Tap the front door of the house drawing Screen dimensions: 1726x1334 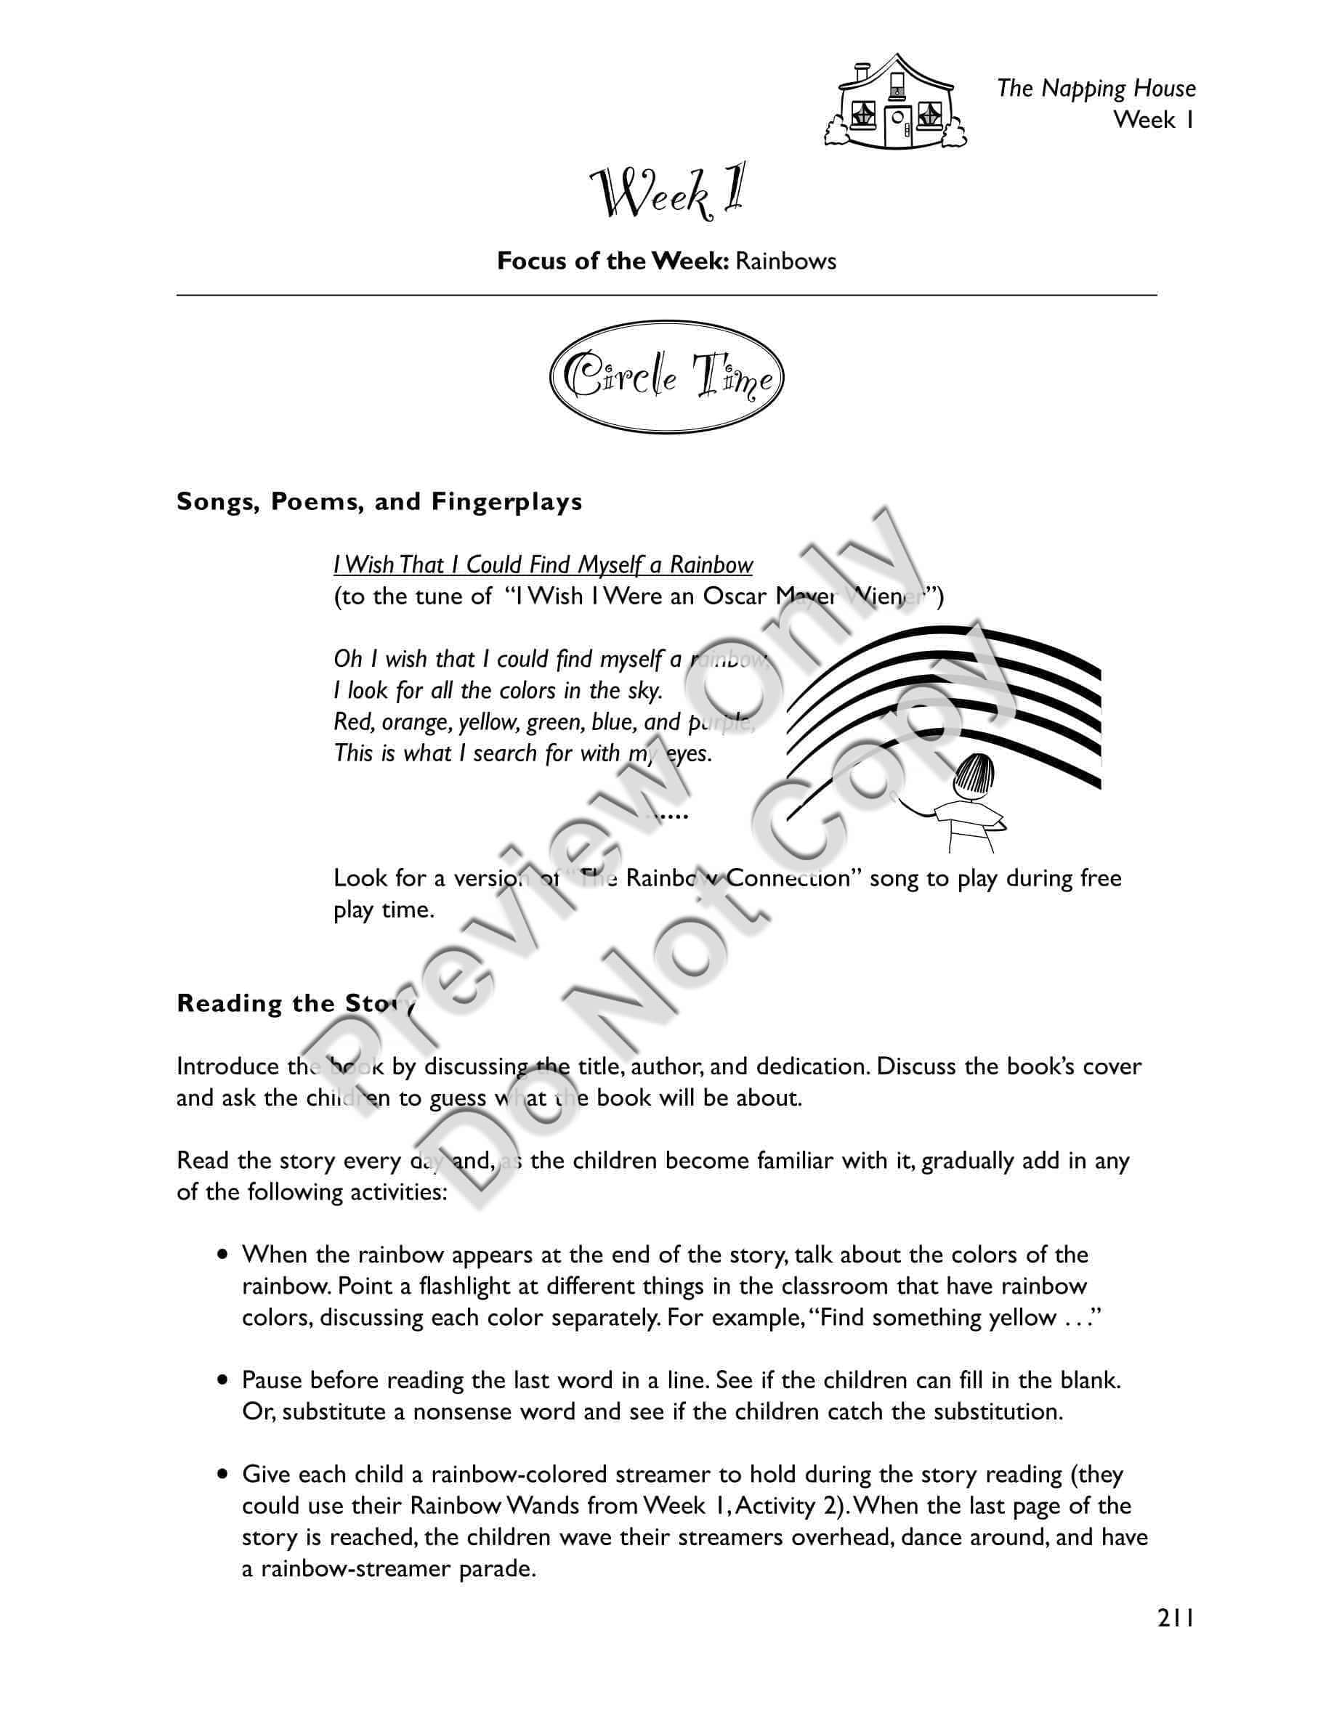click(897, 127)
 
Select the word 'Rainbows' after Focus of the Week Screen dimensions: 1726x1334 click(785, 262)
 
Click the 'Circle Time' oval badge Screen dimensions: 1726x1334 click(667, 377)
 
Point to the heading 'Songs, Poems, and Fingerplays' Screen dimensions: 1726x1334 click(379, 502)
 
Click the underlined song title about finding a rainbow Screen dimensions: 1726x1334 click(543, 565)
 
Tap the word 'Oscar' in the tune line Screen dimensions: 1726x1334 click(734, 596)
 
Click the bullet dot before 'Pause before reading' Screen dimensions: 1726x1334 click(225, 1381)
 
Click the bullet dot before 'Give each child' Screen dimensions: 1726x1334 click(225, 1475)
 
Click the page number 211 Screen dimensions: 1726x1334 click(1175, 1618)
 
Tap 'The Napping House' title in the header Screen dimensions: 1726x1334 click(1096, 89)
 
